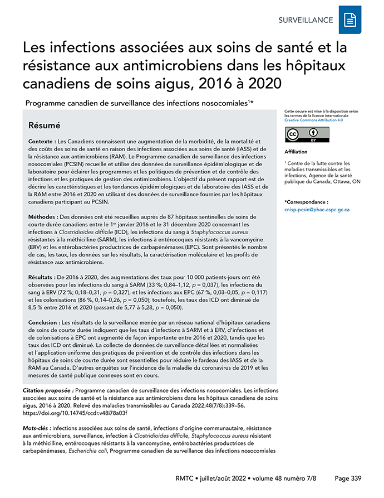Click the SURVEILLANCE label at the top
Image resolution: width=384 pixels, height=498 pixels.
click(x=306, y=20)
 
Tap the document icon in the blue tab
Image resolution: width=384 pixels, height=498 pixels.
click(x=350, y=21)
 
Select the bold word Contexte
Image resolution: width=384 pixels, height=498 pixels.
click(x=42, y=142)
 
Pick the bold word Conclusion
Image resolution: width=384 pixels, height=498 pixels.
click(x=45, y=322)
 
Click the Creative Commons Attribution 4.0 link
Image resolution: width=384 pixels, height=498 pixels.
click(x=313, y=120)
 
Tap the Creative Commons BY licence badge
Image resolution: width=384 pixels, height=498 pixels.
click(x=307, y=134)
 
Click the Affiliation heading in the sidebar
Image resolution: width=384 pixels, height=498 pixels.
click(x=296, y=152)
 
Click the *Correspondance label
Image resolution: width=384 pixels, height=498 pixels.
click(x=306, y=201)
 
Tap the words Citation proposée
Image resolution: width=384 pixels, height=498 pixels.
click(x=47, y=392)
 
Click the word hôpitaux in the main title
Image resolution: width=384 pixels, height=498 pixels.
click(x=314, y=65)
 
